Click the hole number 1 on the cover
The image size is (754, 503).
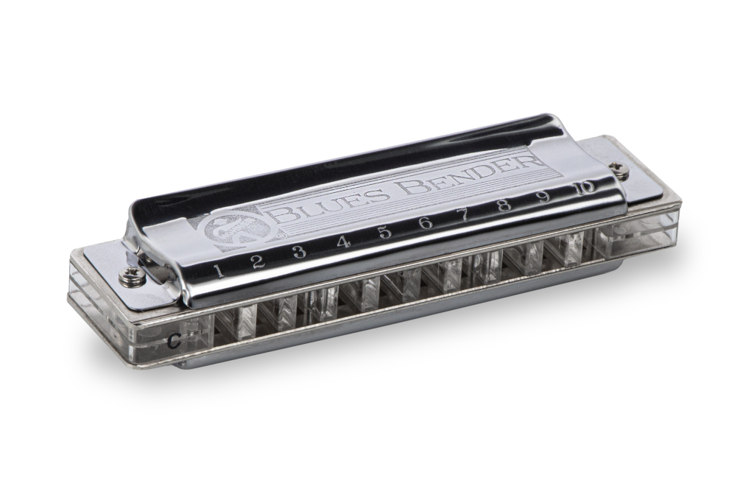tap(219, 270)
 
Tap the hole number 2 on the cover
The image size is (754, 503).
tap(258, 261)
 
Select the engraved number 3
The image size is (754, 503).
tap(299, 252)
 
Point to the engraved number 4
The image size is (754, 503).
tap(342, 242)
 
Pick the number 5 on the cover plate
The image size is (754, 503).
tap(384, 232)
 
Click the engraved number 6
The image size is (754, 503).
tap(425, 222)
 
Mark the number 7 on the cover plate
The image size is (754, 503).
tap(464, 214)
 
